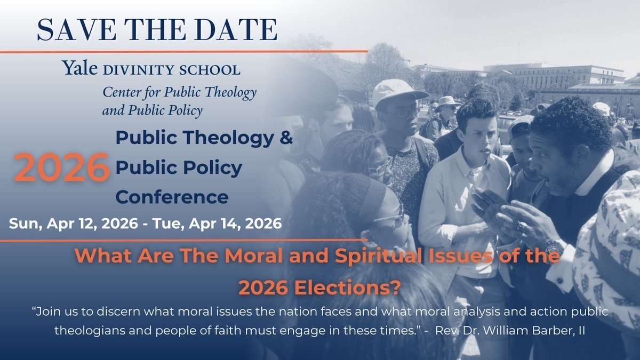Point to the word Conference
click(x=172, y=197)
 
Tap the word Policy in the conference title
click(x=214, y=168)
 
